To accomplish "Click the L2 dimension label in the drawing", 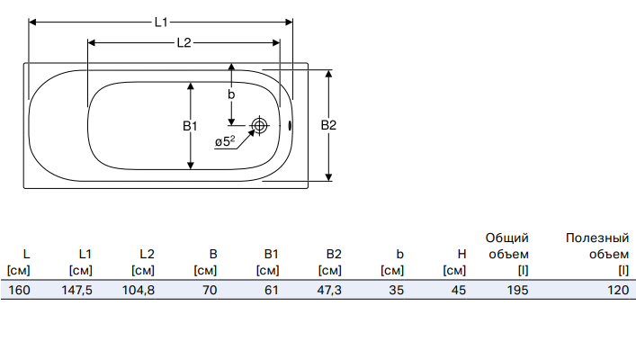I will [x=184, y=42].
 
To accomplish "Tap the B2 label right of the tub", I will [x=328, y=125].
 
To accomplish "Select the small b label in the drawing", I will [x=231, y=94].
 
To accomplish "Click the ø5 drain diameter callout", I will [x=225, y=141].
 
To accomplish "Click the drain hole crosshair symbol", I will [x=260, y=126].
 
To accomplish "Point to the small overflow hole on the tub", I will [x=290, y=126].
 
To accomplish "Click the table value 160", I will [x=19, y=291].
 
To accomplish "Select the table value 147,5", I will [x=80, y=291].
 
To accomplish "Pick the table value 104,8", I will [x=139, y=291].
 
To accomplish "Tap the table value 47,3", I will [x=329, y=291].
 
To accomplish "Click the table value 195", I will [x=516, y=291].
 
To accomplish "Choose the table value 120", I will [x=616, y=291].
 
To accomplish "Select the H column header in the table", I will [x=461, y=255].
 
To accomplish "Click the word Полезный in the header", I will [x=596, y=238].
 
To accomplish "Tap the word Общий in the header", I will [x=506, y=238].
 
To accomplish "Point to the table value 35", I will [x=397, y=291].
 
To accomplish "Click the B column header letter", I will [x=212, y=255].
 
